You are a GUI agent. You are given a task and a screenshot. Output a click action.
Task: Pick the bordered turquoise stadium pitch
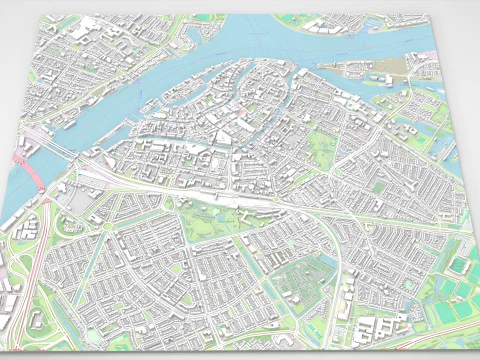point(459,265)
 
